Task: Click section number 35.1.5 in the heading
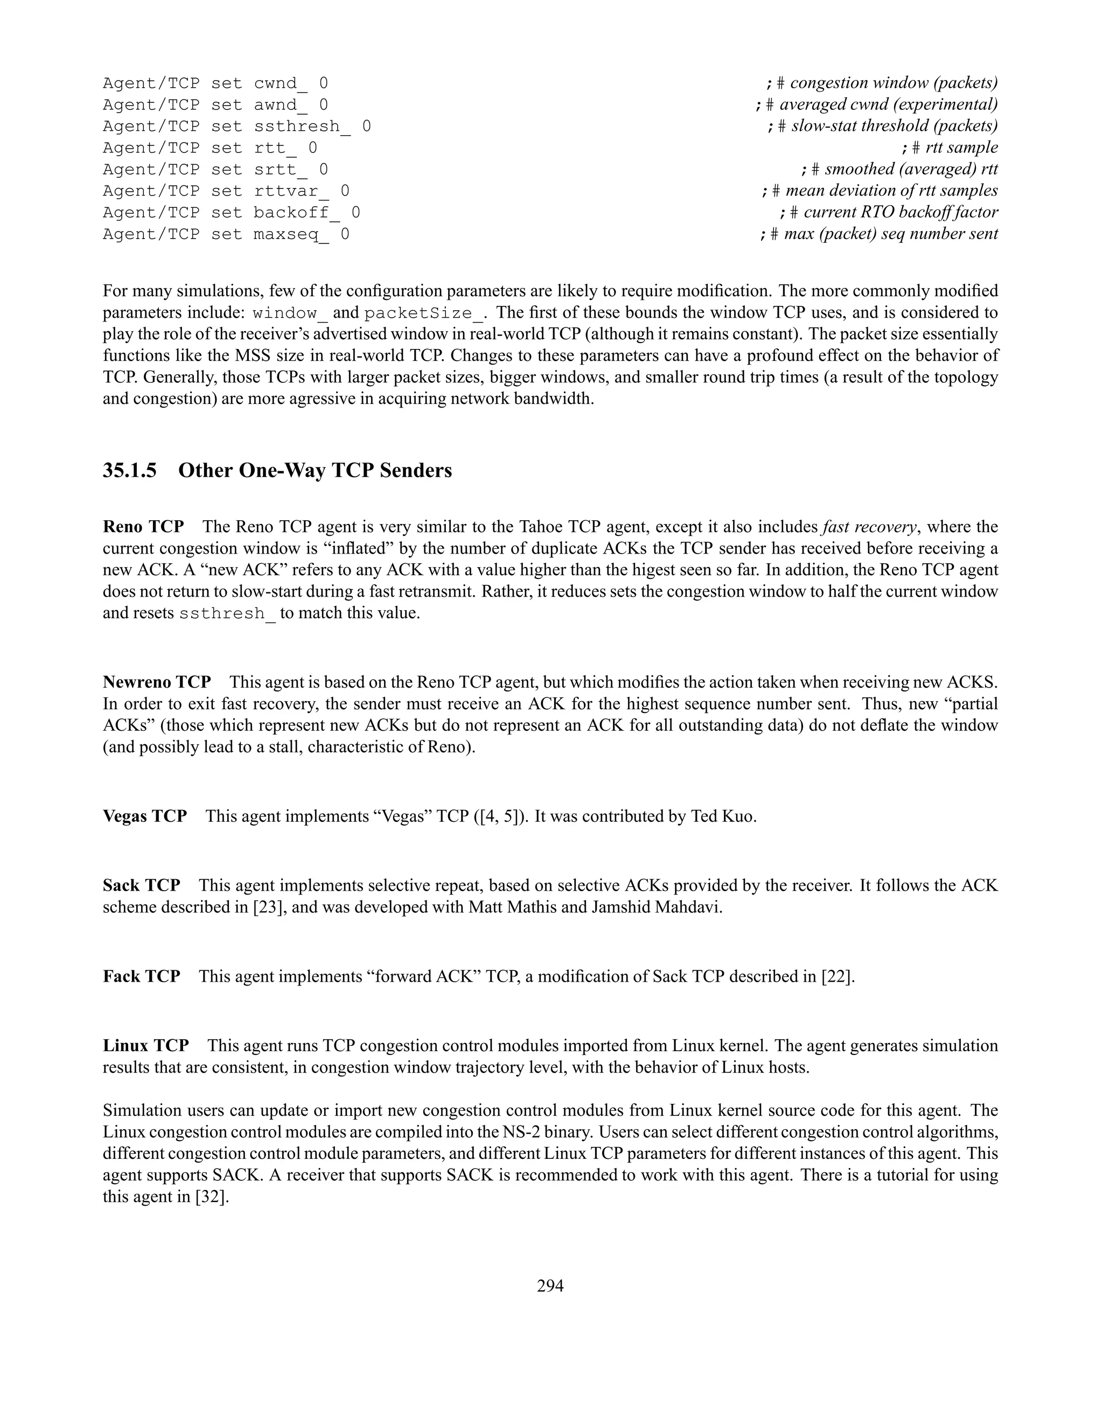pos(129,471)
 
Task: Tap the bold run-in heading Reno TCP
pos(143,527)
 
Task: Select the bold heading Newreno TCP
pos(157,682)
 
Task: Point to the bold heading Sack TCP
pos(141,885)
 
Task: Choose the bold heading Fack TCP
pos(141,976)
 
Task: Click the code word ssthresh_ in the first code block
pos(302,126)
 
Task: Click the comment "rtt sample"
pos(961,148)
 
